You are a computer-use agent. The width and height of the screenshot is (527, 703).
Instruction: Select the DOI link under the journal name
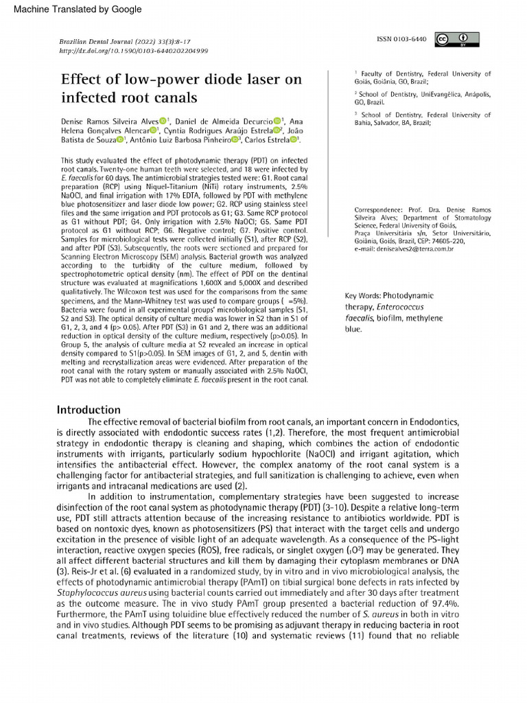point(134,51)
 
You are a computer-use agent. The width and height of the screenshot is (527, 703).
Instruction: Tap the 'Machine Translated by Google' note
point(78,10)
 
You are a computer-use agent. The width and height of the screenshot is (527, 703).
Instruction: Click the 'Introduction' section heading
point(89,410)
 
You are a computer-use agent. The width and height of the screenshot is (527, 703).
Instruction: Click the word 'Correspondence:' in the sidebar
point(378,209)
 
